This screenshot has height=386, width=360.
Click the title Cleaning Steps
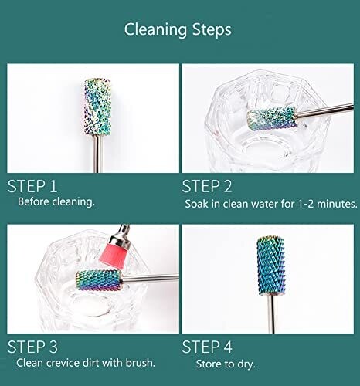178,29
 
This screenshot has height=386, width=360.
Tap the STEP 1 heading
32,186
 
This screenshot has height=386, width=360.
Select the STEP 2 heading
207,186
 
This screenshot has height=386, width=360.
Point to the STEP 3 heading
32,347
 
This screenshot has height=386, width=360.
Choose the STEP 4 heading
207,347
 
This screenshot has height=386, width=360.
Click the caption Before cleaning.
56,201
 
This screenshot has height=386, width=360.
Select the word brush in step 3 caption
141,363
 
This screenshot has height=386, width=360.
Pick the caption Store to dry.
226,364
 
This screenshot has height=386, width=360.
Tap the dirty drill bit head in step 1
98,107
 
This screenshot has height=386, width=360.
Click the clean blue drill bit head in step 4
270,266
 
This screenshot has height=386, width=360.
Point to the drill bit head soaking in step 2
271,118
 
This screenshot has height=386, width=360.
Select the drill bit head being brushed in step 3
99,280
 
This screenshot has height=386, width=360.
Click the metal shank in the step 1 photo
98,154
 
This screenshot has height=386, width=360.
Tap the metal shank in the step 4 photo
271,314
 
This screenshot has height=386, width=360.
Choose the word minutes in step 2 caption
337,204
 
